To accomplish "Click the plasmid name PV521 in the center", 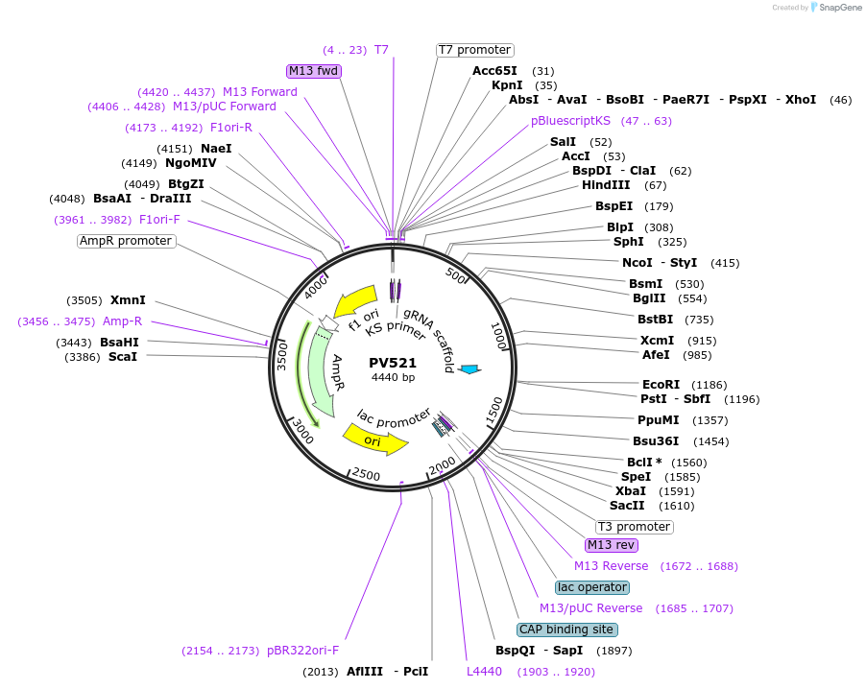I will tap(393, 363).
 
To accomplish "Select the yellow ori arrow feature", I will tap(374, 440).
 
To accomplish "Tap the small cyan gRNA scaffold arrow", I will tap(469, 369).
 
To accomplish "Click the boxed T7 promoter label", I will tap(474, 50).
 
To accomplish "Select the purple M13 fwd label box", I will tap(314, 70).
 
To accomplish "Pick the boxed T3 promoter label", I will tap(634, 527).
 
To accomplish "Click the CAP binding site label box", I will tap(566, 630).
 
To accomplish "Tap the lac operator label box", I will tap(591, 587).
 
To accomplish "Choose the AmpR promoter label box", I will tap(126, 241).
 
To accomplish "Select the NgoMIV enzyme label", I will tap(191, 163).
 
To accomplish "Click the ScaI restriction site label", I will tap(122, 357).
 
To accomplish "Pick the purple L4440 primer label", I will tap(484, 672).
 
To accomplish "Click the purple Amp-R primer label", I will tap(122, 321).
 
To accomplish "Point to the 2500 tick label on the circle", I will tap(367, 474).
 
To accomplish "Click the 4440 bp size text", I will tap(393, 377).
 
